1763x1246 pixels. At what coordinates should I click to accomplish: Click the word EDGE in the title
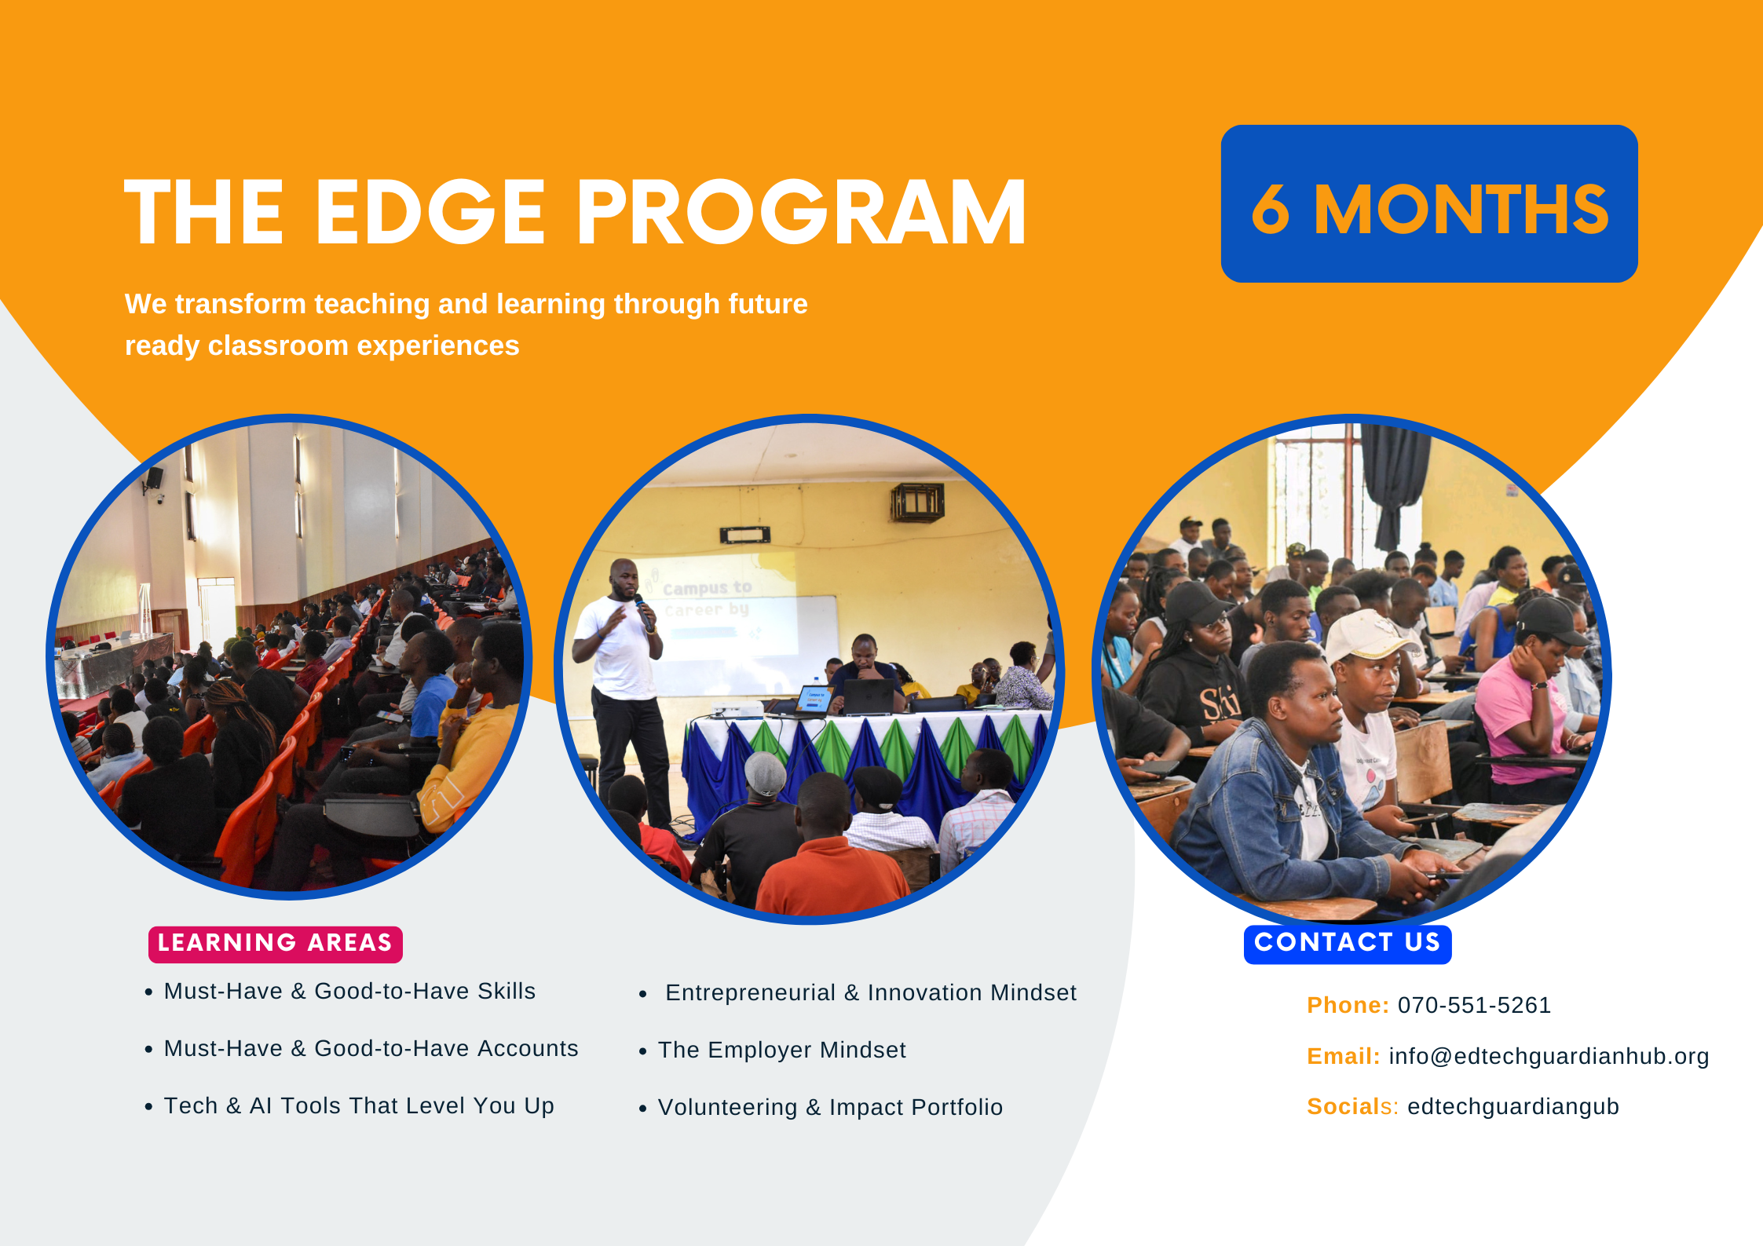430,211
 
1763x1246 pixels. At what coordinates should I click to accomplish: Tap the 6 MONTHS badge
1429,204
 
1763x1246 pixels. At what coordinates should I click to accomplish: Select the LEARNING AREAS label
276,943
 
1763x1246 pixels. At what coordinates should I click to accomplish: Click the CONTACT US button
1348,943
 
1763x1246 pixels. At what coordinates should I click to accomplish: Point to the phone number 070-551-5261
1474,1005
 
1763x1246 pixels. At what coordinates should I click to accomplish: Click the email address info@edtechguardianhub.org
1549,1057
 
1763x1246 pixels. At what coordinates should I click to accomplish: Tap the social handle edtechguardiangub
1513,1107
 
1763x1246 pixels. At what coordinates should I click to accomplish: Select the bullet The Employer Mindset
781,1050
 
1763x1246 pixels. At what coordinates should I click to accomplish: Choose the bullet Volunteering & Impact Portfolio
830,1107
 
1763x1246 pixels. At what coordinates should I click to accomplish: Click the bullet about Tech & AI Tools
359,1105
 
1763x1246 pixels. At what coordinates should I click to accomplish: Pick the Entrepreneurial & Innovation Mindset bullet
871,992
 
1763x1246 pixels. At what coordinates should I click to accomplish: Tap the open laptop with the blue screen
814,700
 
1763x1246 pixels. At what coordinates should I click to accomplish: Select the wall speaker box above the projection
917,502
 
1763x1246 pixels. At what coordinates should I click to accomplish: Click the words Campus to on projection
707,588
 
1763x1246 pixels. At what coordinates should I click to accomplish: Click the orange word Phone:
1348,1005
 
